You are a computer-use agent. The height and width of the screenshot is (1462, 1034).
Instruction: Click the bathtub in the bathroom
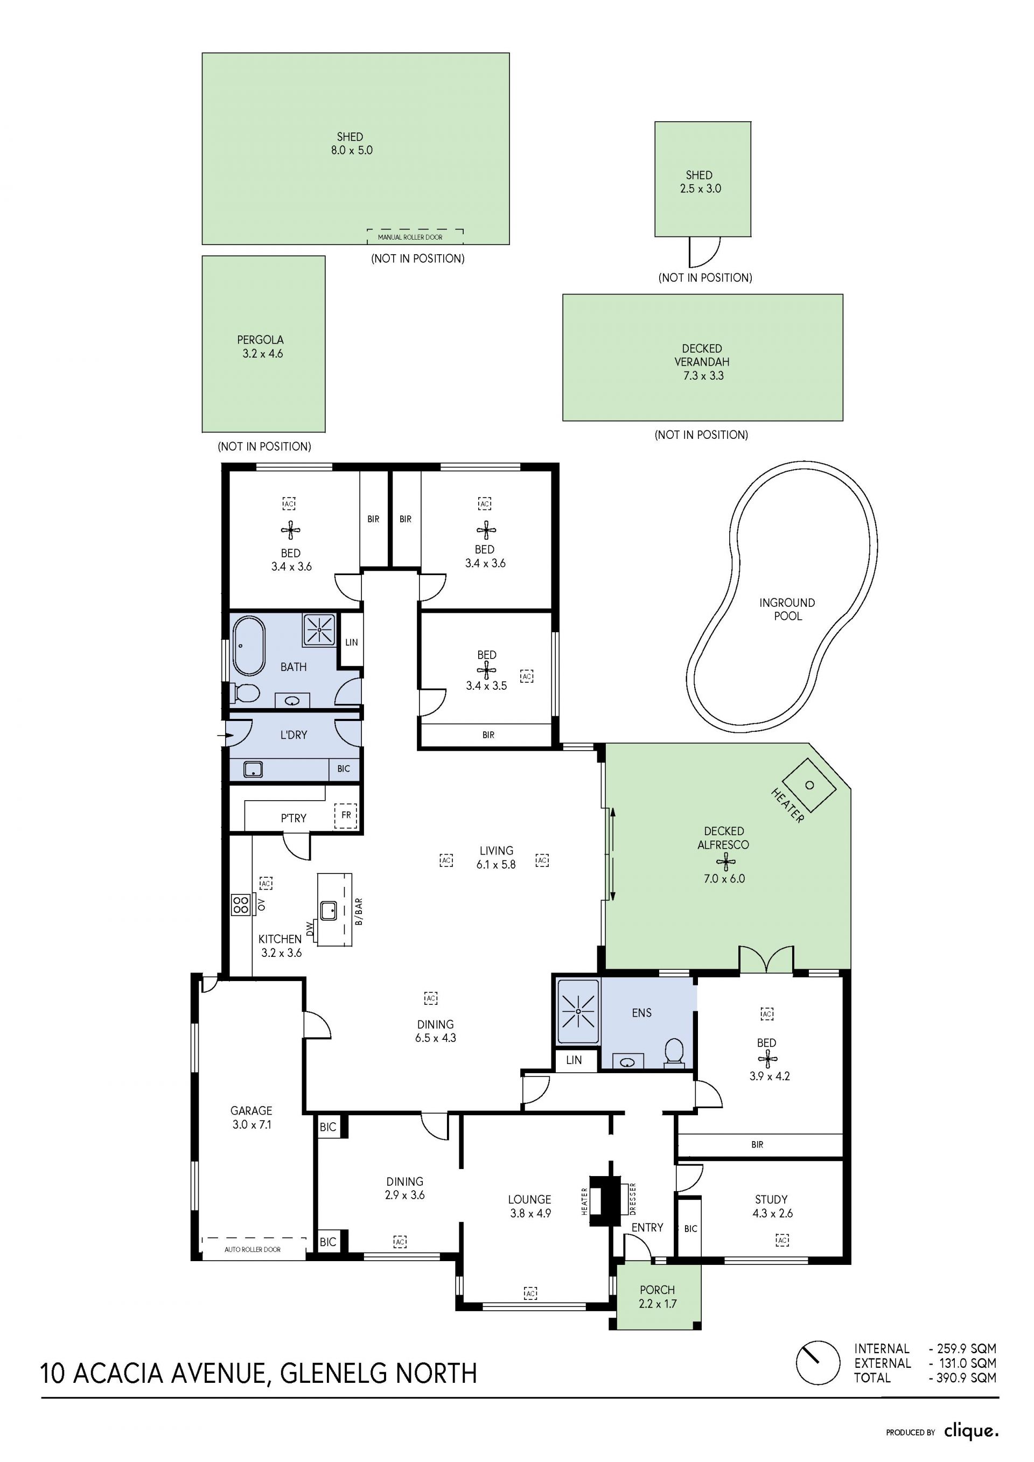(249, 646)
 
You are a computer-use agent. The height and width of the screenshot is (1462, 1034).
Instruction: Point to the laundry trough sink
(253, 770)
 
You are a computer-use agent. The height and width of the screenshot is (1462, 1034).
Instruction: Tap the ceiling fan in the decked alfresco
(724, 862)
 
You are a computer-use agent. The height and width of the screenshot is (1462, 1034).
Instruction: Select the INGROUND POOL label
(787, 610)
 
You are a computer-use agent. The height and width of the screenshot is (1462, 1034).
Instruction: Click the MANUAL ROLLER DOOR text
(410, 237)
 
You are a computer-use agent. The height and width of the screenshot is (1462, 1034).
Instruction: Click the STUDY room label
(772, 1199)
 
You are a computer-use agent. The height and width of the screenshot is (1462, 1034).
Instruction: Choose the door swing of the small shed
(705, 252)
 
